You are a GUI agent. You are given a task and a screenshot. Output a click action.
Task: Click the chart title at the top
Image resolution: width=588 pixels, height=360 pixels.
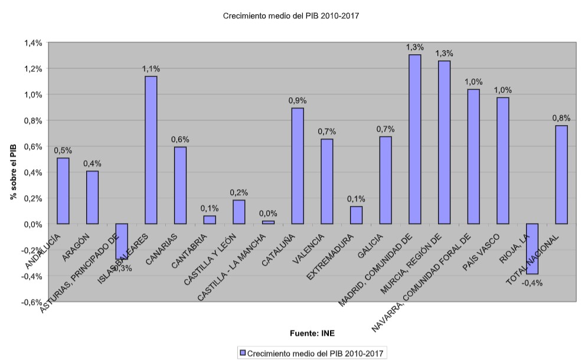pos(290,16)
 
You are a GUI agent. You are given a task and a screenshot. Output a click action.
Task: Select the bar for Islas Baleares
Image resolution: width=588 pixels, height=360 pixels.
pos(151,150)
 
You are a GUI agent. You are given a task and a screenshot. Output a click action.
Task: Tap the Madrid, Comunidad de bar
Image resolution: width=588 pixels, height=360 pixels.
pos(414,139)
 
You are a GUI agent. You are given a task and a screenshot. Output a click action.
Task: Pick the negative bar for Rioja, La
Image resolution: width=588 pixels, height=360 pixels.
pos(532,248)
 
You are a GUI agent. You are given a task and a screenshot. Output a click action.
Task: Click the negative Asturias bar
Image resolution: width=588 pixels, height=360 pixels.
pos(122,241)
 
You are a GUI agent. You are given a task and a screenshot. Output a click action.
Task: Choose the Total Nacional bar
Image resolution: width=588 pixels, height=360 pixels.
pos(561,175)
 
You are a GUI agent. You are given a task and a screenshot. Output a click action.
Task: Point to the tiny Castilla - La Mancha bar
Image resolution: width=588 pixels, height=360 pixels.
pos(268,222)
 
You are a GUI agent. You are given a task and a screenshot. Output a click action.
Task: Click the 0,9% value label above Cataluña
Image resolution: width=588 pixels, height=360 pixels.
pos(296,101)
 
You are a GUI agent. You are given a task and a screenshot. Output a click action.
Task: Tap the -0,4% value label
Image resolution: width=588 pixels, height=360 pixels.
pos(532,282)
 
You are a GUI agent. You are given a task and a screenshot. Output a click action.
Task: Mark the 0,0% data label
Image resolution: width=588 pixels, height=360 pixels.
pos(267,214)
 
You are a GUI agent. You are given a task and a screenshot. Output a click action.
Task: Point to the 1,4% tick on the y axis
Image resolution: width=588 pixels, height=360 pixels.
pos(33,43)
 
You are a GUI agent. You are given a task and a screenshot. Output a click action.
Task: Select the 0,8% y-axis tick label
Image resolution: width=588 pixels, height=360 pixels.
pos(33,121)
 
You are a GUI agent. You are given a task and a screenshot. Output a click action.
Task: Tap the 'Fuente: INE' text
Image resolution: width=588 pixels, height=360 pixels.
pos(312,333)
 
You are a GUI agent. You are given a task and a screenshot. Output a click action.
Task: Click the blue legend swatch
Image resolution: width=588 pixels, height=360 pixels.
pos(242,353)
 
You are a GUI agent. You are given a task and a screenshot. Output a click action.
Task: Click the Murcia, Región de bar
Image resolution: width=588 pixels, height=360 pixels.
pos(444,142)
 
